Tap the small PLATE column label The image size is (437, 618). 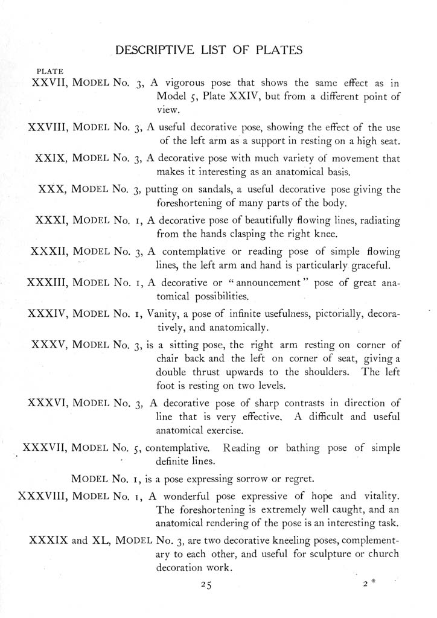click(x=50, y=71)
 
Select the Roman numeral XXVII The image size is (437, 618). click(x=48, y=82)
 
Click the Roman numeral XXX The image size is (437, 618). click(x=51, y=190)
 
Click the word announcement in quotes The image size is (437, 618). click(x=283, y=282)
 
